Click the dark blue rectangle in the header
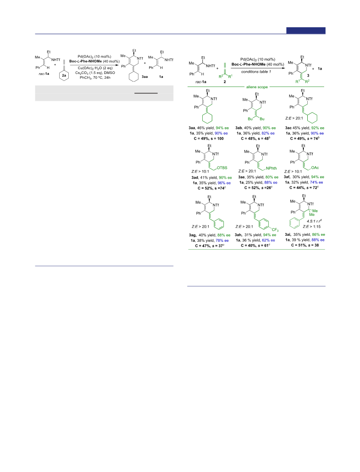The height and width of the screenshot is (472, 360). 306,30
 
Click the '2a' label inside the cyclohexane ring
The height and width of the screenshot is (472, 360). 64,75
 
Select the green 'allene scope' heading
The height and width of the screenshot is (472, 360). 257,87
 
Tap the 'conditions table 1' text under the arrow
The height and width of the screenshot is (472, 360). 256,72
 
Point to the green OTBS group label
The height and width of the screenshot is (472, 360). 222,168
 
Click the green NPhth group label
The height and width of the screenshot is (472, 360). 271,168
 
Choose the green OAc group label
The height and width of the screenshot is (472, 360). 315,168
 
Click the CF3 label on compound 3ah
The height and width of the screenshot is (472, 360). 275,230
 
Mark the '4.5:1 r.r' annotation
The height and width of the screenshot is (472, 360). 314,221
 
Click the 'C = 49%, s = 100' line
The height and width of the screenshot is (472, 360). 209,139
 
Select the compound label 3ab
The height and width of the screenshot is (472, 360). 239,128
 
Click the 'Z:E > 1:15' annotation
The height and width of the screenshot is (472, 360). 312,226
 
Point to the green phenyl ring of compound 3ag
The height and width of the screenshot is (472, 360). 219,224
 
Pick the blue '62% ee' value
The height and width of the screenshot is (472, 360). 268,240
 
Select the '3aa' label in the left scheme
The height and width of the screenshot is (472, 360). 145,77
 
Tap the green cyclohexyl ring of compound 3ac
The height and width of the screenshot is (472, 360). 312,118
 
